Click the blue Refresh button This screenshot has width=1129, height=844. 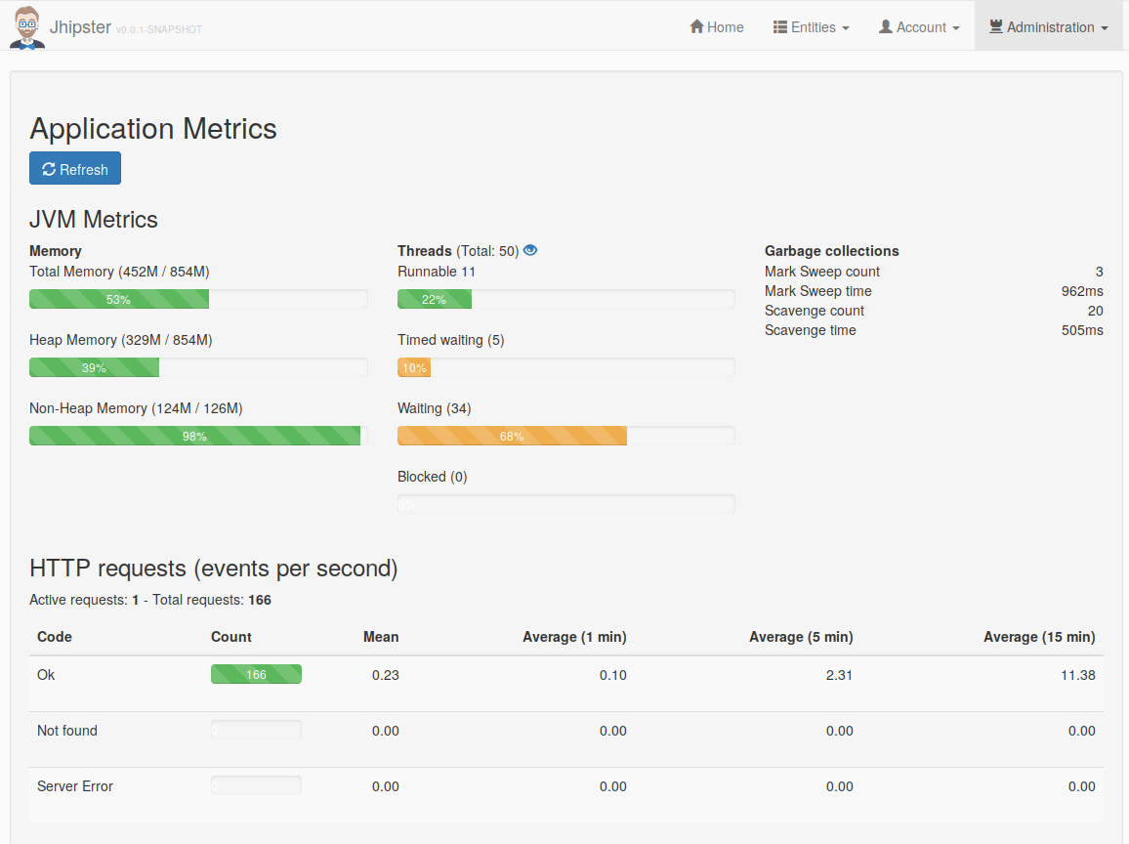tap(75, 168)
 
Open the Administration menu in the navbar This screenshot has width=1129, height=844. tap(1049, 27)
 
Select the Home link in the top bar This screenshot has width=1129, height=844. tap(717, 27)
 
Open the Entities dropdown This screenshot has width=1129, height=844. tap(811, 27)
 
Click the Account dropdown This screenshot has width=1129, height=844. tap(919, 27)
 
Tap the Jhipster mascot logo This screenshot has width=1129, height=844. tap(26, 26)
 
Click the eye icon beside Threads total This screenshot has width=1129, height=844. tap(530, 250)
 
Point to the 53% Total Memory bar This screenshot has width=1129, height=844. tap(119, 299)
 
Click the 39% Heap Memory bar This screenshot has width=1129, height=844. tap(95, 367)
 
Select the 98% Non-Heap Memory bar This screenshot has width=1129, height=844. tap(195, 436)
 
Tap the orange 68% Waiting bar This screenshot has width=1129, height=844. tap(512, 436)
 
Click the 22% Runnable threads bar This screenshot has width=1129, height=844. tap(435, 299)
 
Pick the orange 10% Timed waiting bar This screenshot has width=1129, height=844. tap(414, 367)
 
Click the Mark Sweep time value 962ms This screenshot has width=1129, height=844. tap(1082, 291)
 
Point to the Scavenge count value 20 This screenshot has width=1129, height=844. tap(1095, 311)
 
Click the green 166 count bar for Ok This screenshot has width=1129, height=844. tap(256, 674)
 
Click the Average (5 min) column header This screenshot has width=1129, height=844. tap(801, 637)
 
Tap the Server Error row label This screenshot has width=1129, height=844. tap(75, 786)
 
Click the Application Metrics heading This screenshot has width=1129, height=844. tap(153, 129)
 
